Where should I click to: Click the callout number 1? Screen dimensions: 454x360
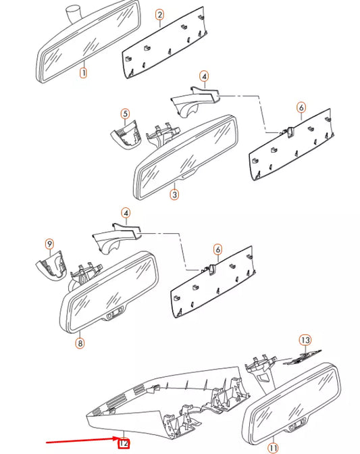pos(83,72)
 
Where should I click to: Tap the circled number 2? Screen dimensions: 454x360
pos(159,14)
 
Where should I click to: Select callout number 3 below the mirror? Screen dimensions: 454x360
pos(174,195)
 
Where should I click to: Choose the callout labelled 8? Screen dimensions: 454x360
pos(80,343)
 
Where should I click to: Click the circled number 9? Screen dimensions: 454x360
pos(49,243)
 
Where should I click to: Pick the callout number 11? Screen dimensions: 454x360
pos(273,447)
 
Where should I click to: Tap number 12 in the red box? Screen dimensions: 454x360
pos(124,443)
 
